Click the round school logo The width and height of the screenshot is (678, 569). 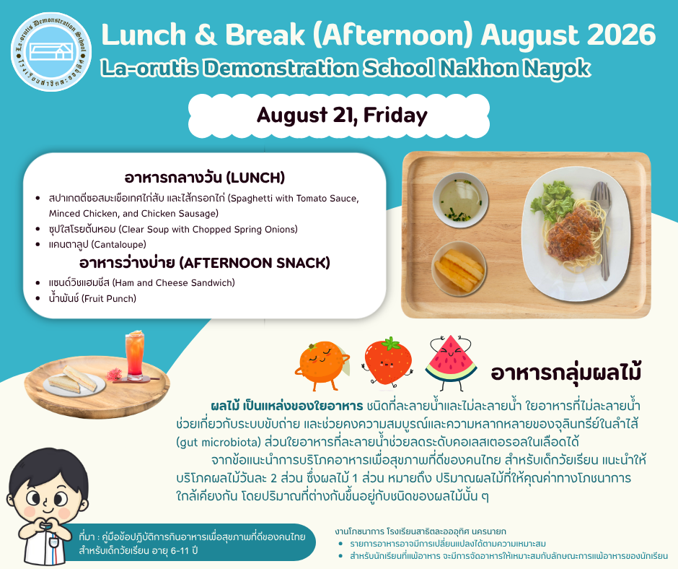(x=51, y=51)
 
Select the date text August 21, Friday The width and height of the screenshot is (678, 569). (x=342, y=116)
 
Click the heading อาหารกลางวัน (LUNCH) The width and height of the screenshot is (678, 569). (x=205, y=178)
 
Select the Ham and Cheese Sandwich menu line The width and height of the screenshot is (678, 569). (x=142, y=283)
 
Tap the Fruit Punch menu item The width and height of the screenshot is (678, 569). (x=92, y=298)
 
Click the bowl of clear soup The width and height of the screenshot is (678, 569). (x=460, y=199)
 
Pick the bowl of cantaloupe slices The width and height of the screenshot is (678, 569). (x=459, y=269)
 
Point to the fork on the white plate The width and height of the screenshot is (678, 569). (x=602, y=230)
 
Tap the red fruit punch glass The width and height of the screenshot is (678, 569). (x=135, y=356)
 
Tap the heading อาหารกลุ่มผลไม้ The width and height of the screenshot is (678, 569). (x=565, y=373)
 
